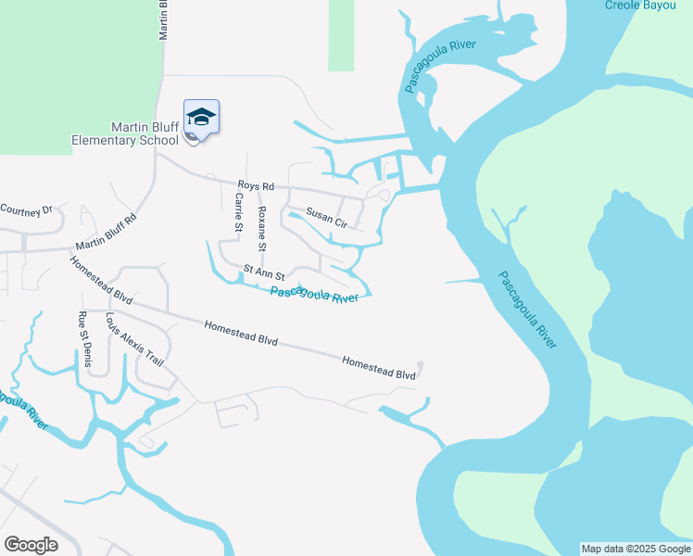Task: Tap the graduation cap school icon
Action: pyautogui.click(x=201, y=118)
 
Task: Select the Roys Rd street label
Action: pyautogui.click(x=257, y=186)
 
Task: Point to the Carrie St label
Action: pyautogui.click(x=239, y=212)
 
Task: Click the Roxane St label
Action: pyautogui.click(x=262, y=229)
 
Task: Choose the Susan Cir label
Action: pyautogui.click(x=326, y=216)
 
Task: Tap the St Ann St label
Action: pyautogui.click(x=263, y=272)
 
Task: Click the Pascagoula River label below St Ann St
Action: pyautogui.click(x=314, y=296)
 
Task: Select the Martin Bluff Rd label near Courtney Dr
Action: pyautogui.click(x=107, y=234)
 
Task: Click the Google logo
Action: pyautogui.click(x=31, y=545)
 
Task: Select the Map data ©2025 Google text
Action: pyautogui.click(x=636, y=549)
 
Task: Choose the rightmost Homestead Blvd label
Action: pyautogui.click(x=378, y=367)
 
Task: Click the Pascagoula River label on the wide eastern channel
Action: pyautogui.click(x=528, y=310)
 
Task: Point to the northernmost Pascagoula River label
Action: pyautogui.click(x=440, y=67)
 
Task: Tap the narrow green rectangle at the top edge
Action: pyautogui.click(x=341, y=35)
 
